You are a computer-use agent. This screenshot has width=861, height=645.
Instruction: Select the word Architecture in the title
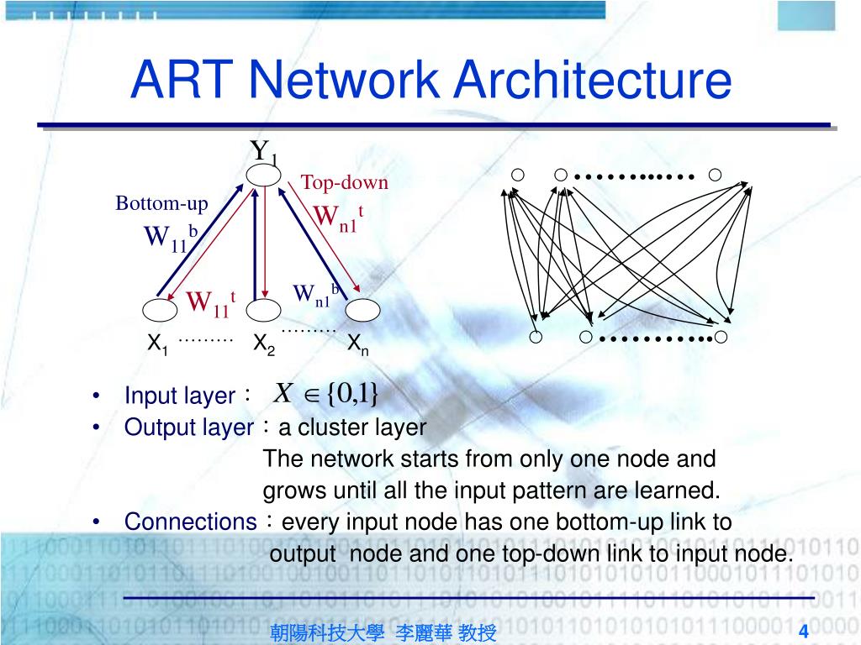click(592, 81)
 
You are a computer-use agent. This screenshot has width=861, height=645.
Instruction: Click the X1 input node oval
click(161, 310)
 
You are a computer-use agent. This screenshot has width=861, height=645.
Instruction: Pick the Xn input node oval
click(363, 310)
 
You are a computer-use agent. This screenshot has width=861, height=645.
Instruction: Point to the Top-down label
click(345, 182)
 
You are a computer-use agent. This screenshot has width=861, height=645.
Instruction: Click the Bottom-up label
click(161, 203)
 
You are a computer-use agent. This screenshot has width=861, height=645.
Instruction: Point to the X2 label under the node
click(264, 344)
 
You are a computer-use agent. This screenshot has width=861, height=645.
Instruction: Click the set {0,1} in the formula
click(353, 392)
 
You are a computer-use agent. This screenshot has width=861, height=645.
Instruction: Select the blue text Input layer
click(180, 396)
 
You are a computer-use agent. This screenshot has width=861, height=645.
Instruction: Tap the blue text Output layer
click(188, 427)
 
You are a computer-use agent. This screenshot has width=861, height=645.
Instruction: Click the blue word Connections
click(191, 522)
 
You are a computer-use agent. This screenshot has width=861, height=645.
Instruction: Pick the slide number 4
click(804, 632)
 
